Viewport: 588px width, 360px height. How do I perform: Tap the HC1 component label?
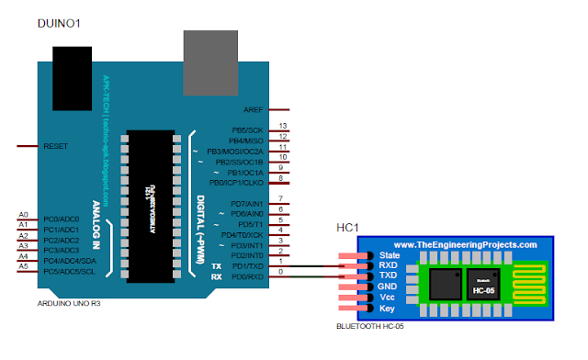point(347,226)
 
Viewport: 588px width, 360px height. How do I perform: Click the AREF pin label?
point(254,109)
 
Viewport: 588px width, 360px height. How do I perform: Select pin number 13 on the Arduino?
point(284,126)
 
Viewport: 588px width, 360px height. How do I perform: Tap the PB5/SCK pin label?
point(247,129)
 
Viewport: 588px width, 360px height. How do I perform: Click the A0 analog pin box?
point(24,215)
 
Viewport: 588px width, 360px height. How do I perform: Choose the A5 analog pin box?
point(24,265)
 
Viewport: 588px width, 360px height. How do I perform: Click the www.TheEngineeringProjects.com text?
point(465,245)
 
